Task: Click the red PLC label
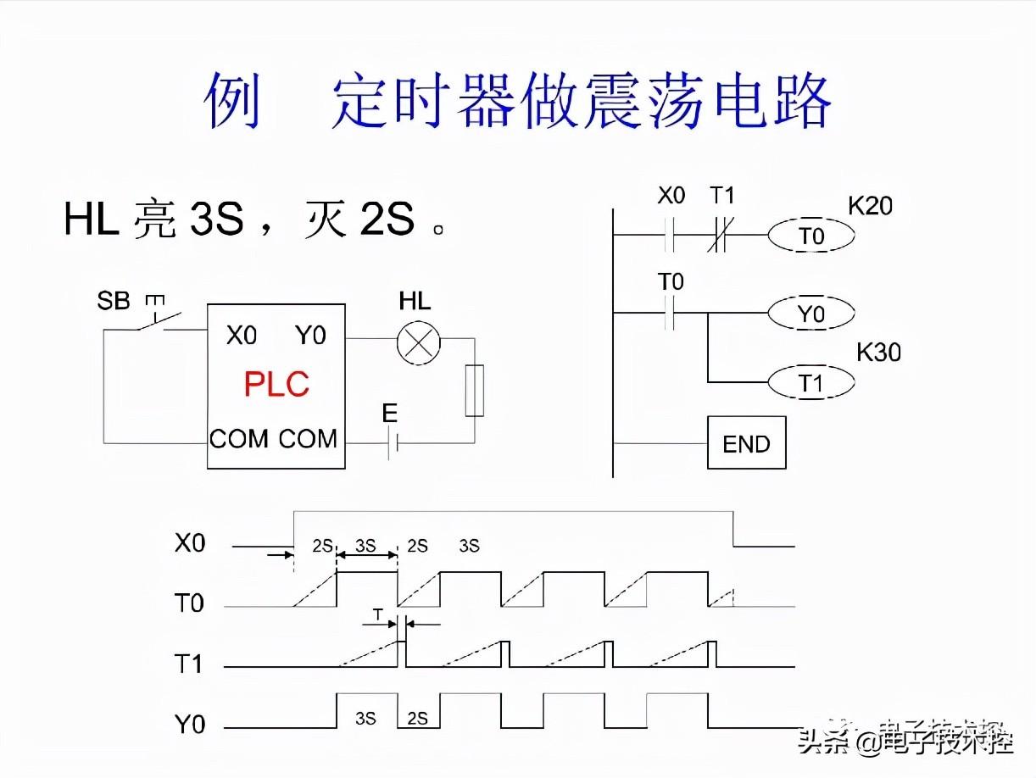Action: click(x=276, y=385)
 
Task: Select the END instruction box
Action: click(x=746, y=443)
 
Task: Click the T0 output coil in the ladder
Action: click(x=810, y=236)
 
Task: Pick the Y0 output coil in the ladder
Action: click(x=810, y=314)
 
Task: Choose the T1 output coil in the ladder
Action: click(x=810, y=383)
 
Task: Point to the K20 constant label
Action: click(x=870, y=206)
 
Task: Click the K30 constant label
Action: click(x=878, y=353)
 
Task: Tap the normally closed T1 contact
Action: click(x=721, y=235)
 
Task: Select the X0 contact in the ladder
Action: click(x=671, y=235)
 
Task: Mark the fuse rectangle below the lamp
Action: click(x=475, y=391)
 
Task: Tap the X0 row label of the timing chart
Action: click(x=190, y=543)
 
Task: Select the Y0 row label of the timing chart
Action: click(x=190, y=725)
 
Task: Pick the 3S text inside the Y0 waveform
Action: click(x=365, y=719)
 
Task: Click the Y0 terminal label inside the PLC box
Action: click(x=310, y=336)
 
